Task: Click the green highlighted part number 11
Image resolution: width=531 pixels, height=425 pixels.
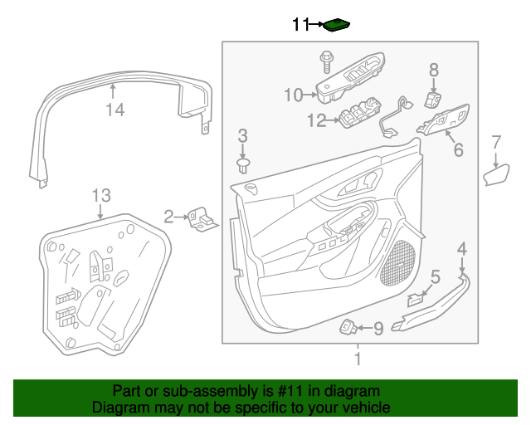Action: coord(336,25)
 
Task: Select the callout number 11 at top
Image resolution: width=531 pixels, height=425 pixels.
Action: coord(300,25)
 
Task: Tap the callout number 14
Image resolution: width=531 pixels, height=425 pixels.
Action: coord(114,110)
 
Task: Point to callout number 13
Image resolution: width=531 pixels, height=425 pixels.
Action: coord(100,196)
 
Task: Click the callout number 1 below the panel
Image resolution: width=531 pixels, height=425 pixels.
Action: coord(358,359)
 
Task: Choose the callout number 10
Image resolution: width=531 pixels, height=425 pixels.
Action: coord(294,95)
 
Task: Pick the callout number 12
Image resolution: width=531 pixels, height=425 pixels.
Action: coord(317,121)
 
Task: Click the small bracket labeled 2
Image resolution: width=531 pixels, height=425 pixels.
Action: coord(201,219)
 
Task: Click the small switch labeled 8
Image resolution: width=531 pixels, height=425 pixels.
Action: coord(432,100)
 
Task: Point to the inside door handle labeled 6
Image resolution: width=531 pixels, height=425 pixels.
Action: coord(446,121)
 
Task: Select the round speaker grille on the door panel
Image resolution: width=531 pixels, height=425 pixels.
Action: coord(401,259)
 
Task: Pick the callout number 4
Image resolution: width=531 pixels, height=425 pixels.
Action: coord(462,247)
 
